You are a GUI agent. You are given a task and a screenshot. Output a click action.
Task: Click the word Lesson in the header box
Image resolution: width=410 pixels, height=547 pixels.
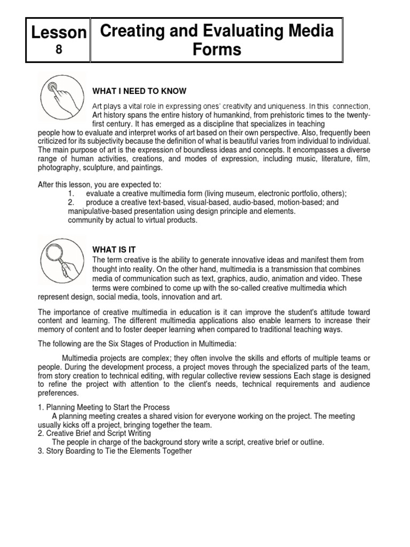pyautogui.click(x=59, y=33)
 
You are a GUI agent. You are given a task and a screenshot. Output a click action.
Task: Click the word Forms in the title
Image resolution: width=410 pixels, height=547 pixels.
pyautogui.click(x=217, y=50)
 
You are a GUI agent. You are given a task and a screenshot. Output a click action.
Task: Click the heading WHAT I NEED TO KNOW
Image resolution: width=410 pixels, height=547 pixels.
pyautogui.click(x=139, y=91)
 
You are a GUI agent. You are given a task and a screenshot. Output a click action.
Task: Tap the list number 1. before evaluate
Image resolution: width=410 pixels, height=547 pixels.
pyautogui.click(x=72, y=193)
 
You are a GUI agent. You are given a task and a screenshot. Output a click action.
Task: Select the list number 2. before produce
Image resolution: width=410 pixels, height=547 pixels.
pyautogui.click(x=72, y=202)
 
